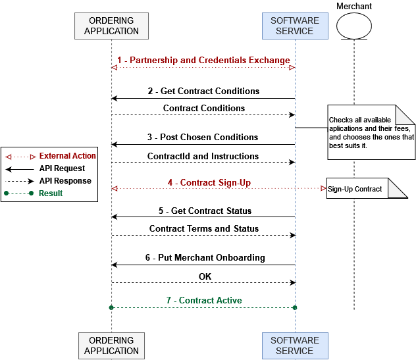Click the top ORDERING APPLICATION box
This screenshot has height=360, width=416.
111,26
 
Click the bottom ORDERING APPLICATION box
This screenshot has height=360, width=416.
111,346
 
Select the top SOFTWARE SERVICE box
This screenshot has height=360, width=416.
294,26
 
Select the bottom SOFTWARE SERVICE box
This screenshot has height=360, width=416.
294,346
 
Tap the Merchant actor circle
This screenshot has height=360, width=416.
354,26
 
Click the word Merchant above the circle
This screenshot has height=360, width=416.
354,7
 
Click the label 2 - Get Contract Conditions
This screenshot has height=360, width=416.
203,91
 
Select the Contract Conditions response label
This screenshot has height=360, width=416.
204,108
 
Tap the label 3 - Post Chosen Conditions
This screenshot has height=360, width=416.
203,137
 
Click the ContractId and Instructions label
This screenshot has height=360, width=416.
203,157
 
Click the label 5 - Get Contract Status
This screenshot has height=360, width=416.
205,211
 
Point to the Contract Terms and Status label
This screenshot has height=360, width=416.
204,229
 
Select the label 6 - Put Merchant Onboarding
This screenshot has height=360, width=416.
205,258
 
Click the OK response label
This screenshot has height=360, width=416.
205,276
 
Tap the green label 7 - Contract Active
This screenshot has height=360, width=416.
204,301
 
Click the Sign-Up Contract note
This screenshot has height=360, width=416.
359,189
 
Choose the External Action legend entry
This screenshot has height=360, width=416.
67,156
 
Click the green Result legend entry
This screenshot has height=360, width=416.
51,193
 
